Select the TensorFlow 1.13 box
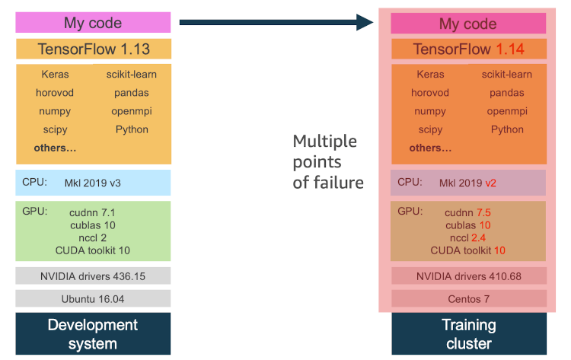(94, 49)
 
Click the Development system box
(93, 333)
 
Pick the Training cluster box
(469, 333)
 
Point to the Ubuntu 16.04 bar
(94, 298)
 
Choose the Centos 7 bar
(469, 298)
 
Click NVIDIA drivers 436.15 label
(94, 276)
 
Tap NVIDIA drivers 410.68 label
(469, 276)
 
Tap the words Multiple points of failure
(328, 161)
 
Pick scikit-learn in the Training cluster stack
(507, 75)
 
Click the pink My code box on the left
(93, 22)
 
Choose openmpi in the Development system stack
(132, 111)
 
